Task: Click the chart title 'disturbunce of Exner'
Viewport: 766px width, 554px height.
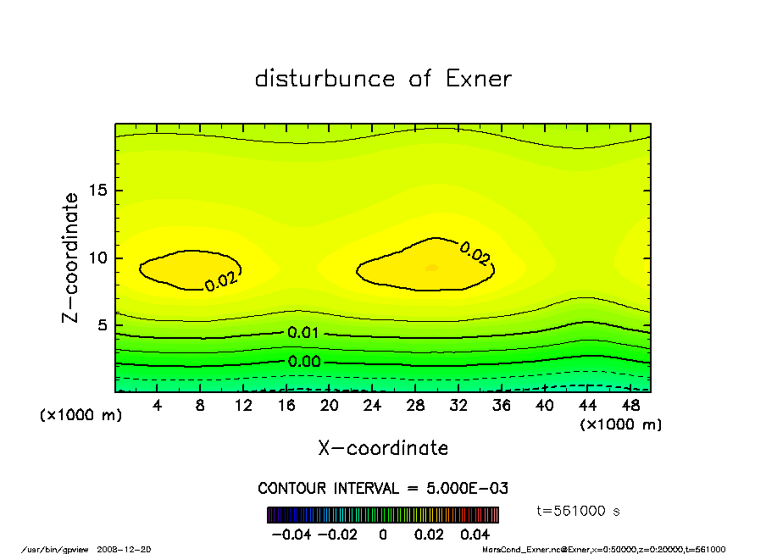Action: click(x=383, y=79)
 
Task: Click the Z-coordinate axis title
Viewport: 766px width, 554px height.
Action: click(x=70, y=258)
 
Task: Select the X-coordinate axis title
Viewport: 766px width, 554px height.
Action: click(x=383, y=448)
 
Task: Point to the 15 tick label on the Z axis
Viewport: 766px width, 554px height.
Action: click(x=98, y=191)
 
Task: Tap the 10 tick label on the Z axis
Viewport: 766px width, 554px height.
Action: click(x=98, y=258)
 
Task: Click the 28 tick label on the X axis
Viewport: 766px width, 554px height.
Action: click(x=415, y=406)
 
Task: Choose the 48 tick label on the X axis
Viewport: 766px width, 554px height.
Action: click(x=630, y=406)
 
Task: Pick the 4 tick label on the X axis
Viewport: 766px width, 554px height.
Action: click(x=157, y=406)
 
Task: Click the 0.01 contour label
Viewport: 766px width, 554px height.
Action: click(x=303, y=333)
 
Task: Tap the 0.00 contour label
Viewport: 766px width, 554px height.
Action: click(x=303, y=362)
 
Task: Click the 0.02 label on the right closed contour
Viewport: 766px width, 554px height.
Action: click(x=475, y=252)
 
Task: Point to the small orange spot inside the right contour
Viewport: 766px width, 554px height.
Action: click(x=432, y=268)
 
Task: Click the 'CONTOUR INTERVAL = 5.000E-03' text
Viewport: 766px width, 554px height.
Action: click(x=383, y=489)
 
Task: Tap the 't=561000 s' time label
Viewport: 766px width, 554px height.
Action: click(x=579, y=511)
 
